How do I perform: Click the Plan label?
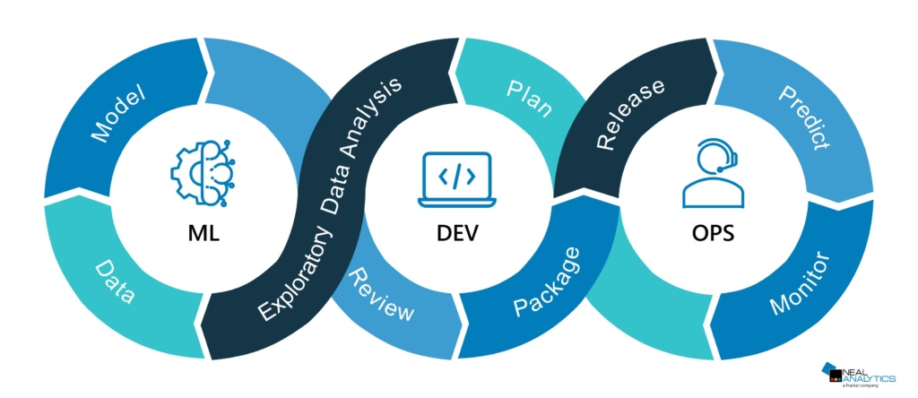coord(529,99)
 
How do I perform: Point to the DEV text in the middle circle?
coord(457,235)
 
